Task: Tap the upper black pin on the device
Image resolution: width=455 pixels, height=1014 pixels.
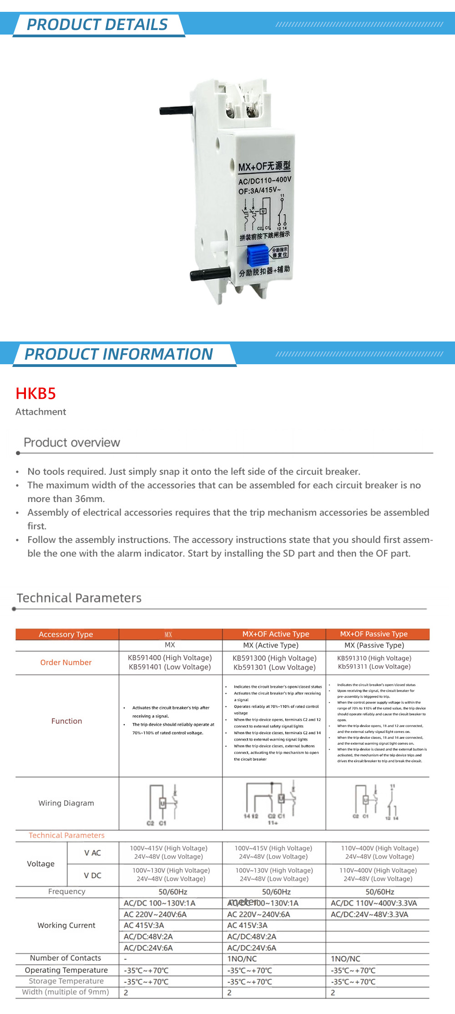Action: coord(177,110)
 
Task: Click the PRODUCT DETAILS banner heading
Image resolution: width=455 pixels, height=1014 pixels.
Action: coord(97,25)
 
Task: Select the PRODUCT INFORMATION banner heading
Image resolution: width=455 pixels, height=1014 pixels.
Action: coord(119,354)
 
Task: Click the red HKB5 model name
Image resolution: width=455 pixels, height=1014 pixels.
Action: coord(35,393)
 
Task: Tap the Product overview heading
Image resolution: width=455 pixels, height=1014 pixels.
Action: coord(72,442)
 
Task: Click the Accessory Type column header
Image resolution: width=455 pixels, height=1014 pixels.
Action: coord(66,634)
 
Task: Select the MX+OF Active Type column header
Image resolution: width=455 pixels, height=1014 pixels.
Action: coord(276,634)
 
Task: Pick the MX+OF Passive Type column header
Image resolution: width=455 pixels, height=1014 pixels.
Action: coord(374,634)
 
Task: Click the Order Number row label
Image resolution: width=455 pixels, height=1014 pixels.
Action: coord(66,663)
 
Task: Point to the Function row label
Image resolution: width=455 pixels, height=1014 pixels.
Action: coord(67,721)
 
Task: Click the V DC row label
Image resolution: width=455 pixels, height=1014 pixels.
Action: coord(92,875)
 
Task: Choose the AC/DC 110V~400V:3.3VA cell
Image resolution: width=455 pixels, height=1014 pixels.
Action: coord(374,903)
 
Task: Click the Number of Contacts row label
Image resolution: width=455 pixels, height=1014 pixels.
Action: coord(66,958)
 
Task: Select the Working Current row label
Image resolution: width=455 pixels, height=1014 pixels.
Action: coord(66,925)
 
